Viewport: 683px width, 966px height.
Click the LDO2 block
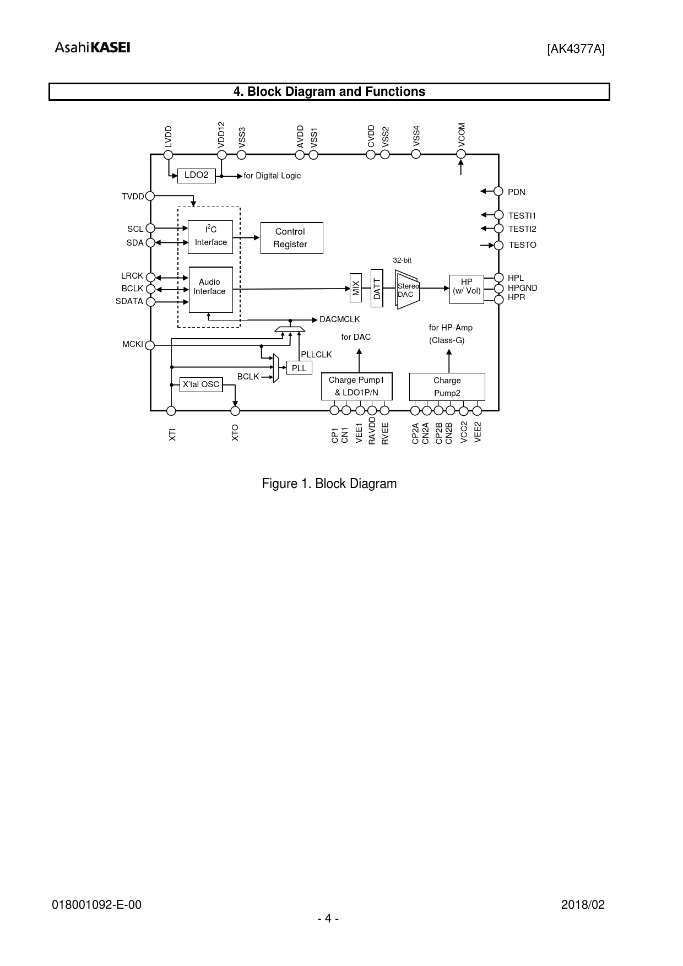(x=196, y=176)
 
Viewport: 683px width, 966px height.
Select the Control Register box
(x=291, y=238)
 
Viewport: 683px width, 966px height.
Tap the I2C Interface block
(x=210, y=237)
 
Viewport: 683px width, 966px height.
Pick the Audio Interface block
(x=211, y=289)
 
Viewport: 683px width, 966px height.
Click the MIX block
(x=356, y=287)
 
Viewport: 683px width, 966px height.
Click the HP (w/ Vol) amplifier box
(x=467, y=289)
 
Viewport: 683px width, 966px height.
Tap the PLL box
(x=299, y=368)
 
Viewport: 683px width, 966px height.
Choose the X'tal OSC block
(x=201, y=384)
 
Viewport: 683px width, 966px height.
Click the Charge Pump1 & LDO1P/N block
(x=356, y=387)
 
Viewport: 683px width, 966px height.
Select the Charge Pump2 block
(x=447, y=387)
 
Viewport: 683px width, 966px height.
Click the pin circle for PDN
(x=498, y=191)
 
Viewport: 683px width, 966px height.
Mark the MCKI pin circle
(x=150, y=345)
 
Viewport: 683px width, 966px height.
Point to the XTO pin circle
(x=235, y=411)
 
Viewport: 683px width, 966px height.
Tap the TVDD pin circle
(x=150, y=196)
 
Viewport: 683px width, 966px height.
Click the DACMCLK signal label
(x=340, y=319)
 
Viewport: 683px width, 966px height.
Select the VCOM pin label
(x=462, y=134)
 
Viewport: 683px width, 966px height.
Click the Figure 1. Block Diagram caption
(x=329, y=484)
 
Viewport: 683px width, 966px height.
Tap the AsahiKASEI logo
(x=93, y=48)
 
